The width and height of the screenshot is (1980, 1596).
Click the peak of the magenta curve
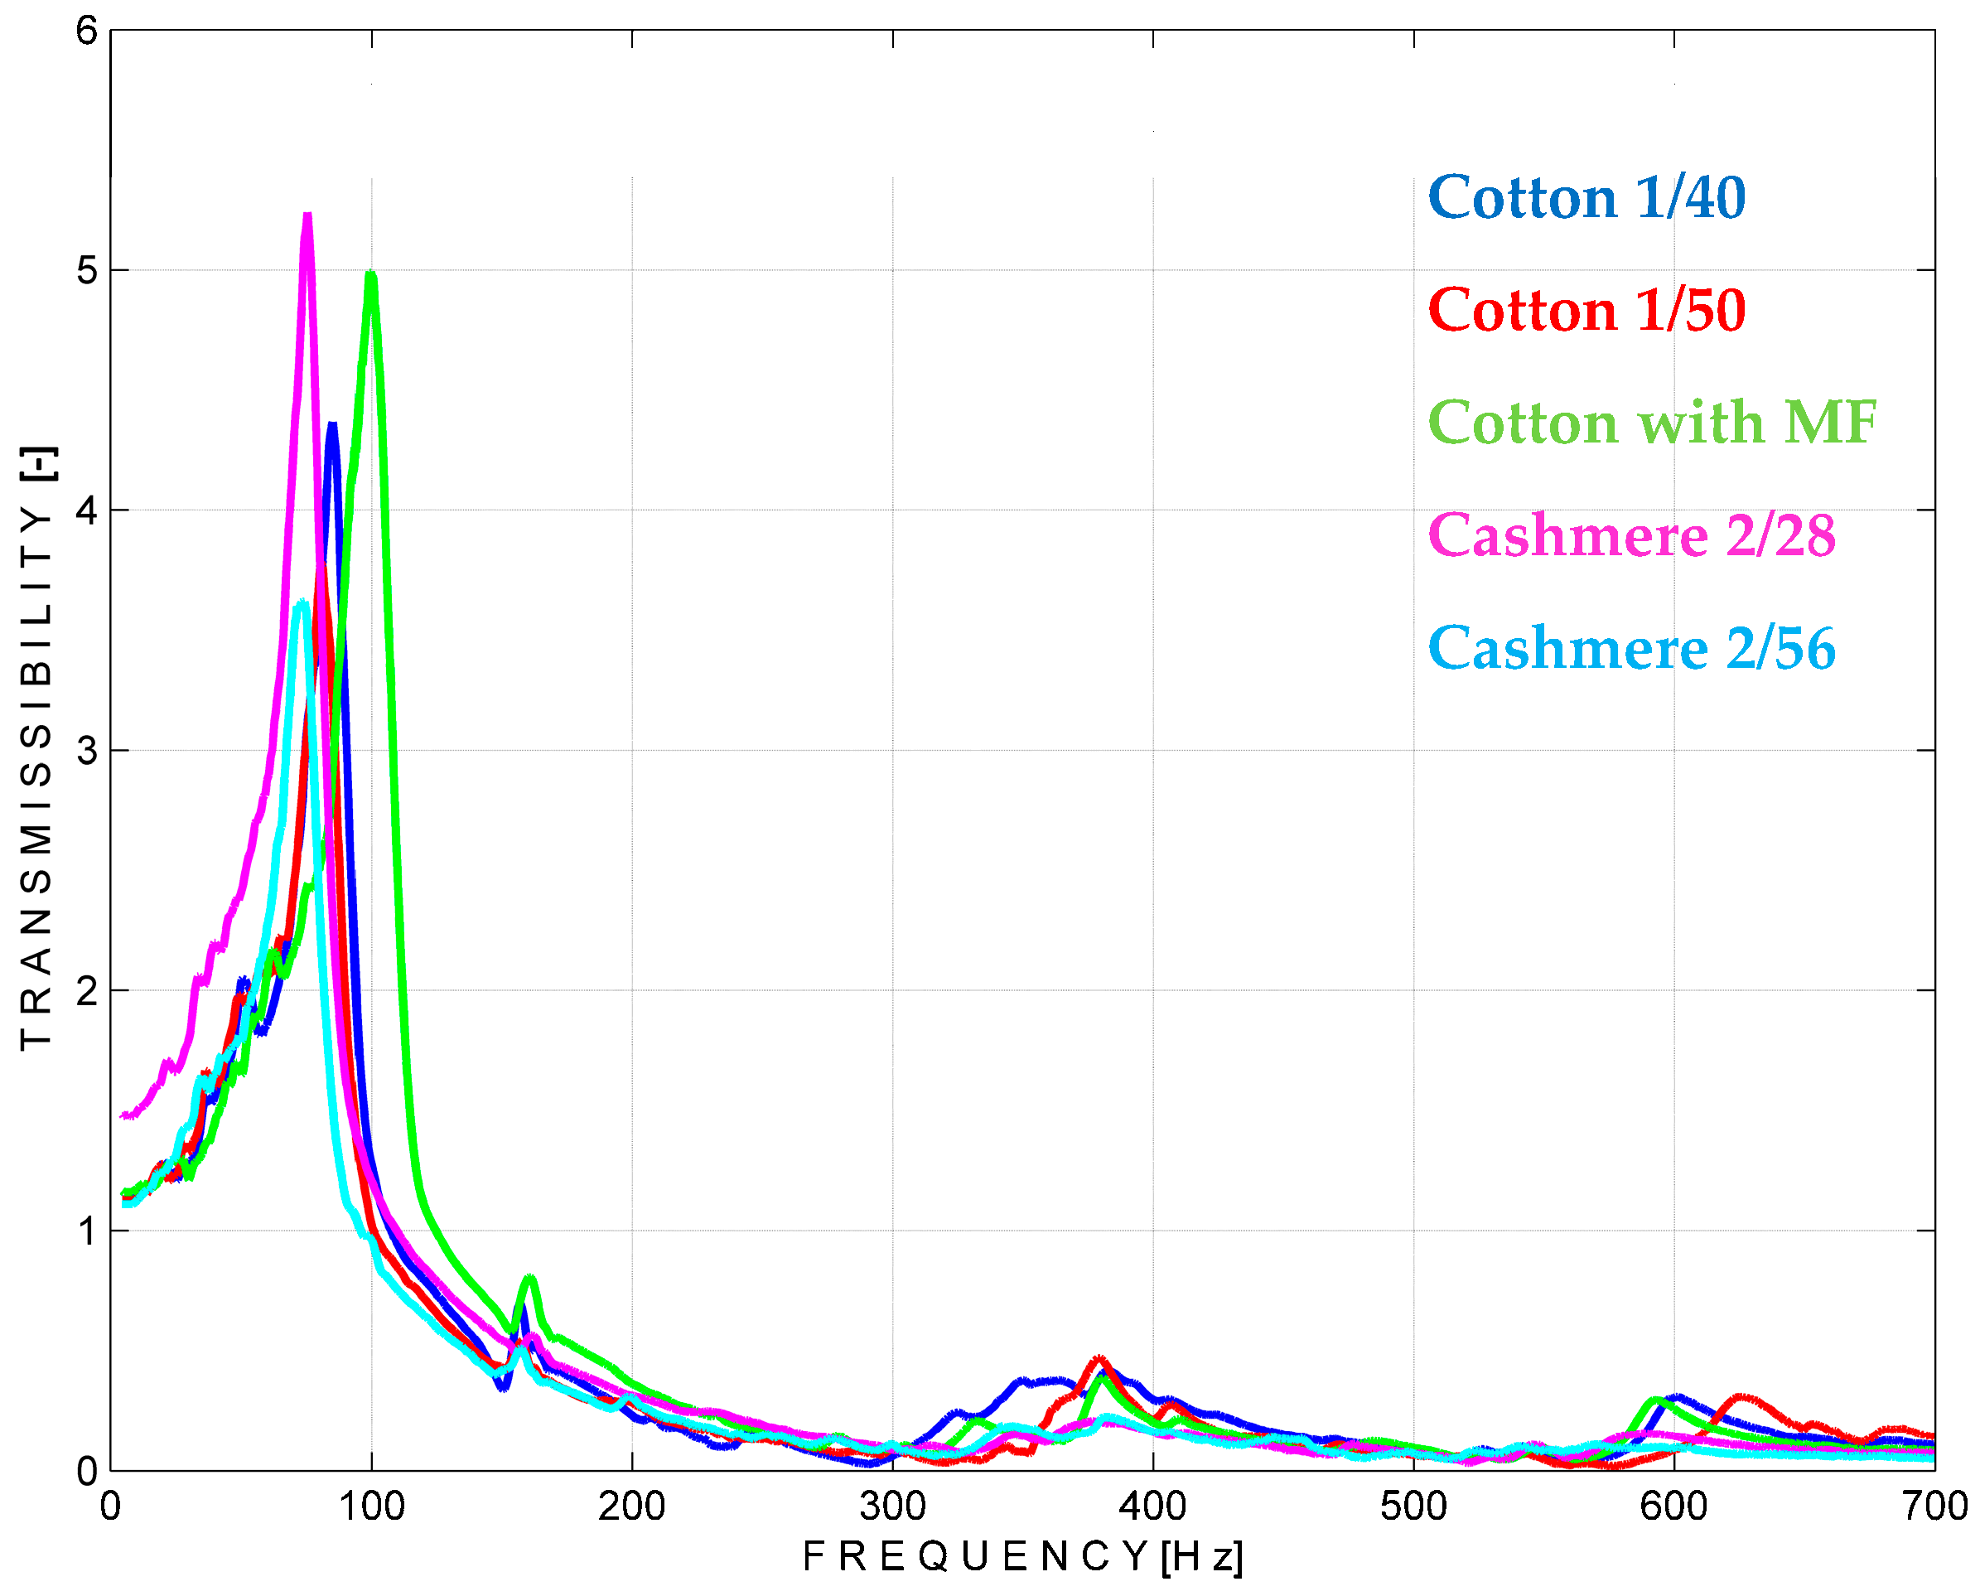click(x=307, y=218)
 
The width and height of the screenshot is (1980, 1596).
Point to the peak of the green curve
click(x=370, y=275)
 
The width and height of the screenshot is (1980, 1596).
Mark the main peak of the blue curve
click(x=332, y=426)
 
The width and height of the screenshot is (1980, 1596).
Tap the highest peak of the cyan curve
click(x=302, y=603)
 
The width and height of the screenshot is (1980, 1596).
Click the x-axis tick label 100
click(x=371, y=1507)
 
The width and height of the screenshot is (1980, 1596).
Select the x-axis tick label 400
click(x=1152, y=1507)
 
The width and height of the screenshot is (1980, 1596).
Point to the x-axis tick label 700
click(x=1934, y=1507)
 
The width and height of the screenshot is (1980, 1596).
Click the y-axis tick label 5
click(x=86, y=270)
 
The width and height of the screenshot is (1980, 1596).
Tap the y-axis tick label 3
click(x=86, y=750)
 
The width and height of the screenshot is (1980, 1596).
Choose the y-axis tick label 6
click(x=86, y=31)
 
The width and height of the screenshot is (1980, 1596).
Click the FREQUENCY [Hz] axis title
click(x=1022, y=1557)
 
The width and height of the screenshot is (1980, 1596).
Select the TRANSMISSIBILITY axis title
click(x=36, y=748)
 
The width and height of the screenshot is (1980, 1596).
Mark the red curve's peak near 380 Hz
click(x=1099, y=1359)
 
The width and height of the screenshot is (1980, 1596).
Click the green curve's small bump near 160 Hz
click(x=529, y=1279)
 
